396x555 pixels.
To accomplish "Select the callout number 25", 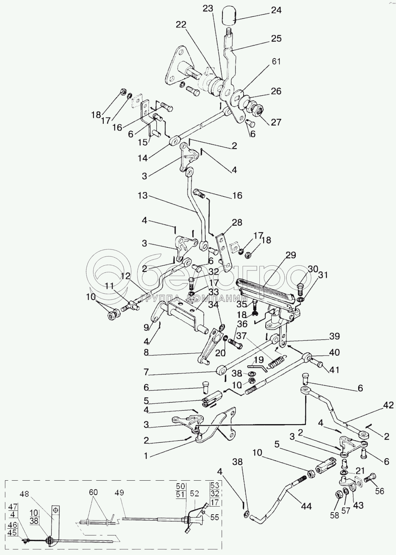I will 276,38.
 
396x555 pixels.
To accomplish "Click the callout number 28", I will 237,222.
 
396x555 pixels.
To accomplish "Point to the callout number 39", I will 334,336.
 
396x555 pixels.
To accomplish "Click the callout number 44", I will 306,506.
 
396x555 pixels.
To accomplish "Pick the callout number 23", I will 208,8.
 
